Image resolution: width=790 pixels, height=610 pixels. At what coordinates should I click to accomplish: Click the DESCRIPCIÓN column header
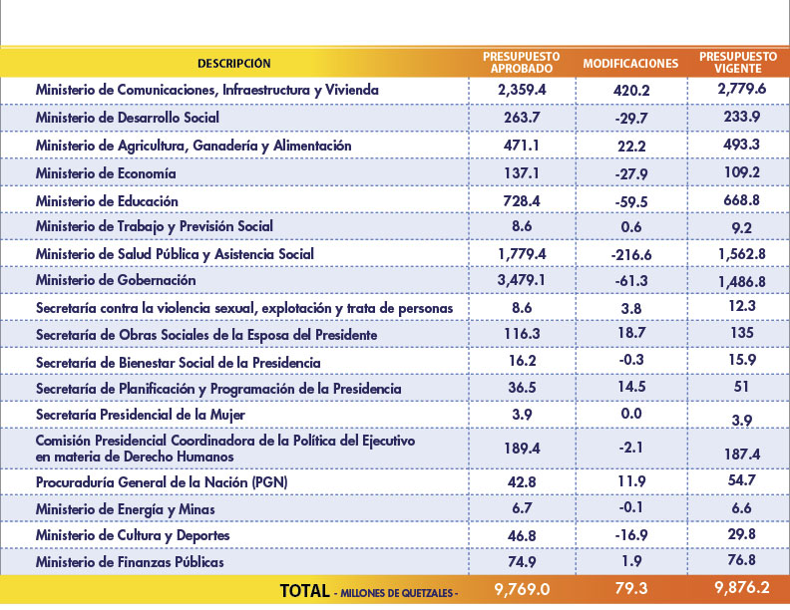point(233,64)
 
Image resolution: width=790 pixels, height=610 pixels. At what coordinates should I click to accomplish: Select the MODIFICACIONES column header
point(630,64)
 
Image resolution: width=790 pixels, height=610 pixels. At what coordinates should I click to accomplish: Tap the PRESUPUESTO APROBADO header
point(522,63)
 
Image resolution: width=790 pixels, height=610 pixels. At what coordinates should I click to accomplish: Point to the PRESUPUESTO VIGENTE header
point(738,63)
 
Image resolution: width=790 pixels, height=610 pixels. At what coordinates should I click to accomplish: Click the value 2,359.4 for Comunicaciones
point(522,90)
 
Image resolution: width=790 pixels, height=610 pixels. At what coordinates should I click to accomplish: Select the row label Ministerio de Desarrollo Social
point(128,118)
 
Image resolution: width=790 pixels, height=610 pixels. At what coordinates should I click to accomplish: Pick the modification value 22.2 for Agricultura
point(631,146)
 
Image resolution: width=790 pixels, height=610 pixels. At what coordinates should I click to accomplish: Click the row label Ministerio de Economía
point(106,173)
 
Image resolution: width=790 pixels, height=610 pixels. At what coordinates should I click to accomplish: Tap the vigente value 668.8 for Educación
point(742,200)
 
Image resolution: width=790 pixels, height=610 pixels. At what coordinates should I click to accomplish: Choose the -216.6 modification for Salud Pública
point(631,255)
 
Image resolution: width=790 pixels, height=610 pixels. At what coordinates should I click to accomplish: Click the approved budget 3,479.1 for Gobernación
point(522,280)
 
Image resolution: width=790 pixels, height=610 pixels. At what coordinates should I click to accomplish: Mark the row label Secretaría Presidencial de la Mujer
point(141,415)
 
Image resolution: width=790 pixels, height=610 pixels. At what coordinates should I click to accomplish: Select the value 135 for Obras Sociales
point(742,333)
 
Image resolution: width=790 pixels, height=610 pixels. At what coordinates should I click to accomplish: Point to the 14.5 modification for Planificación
point(631,387)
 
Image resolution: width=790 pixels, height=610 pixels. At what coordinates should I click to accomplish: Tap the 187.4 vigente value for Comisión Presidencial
point(742,455)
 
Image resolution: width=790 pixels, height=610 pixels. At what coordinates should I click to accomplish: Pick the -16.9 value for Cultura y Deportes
point(631,534)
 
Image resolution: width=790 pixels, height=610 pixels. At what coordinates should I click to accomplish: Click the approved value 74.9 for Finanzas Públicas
point(522,561)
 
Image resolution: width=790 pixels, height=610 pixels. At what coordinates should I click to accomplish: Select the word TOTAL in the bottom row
point(305,590)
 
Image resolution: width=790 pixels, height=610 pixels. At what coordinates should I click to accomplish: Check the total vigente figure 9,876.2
point(742,587)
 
